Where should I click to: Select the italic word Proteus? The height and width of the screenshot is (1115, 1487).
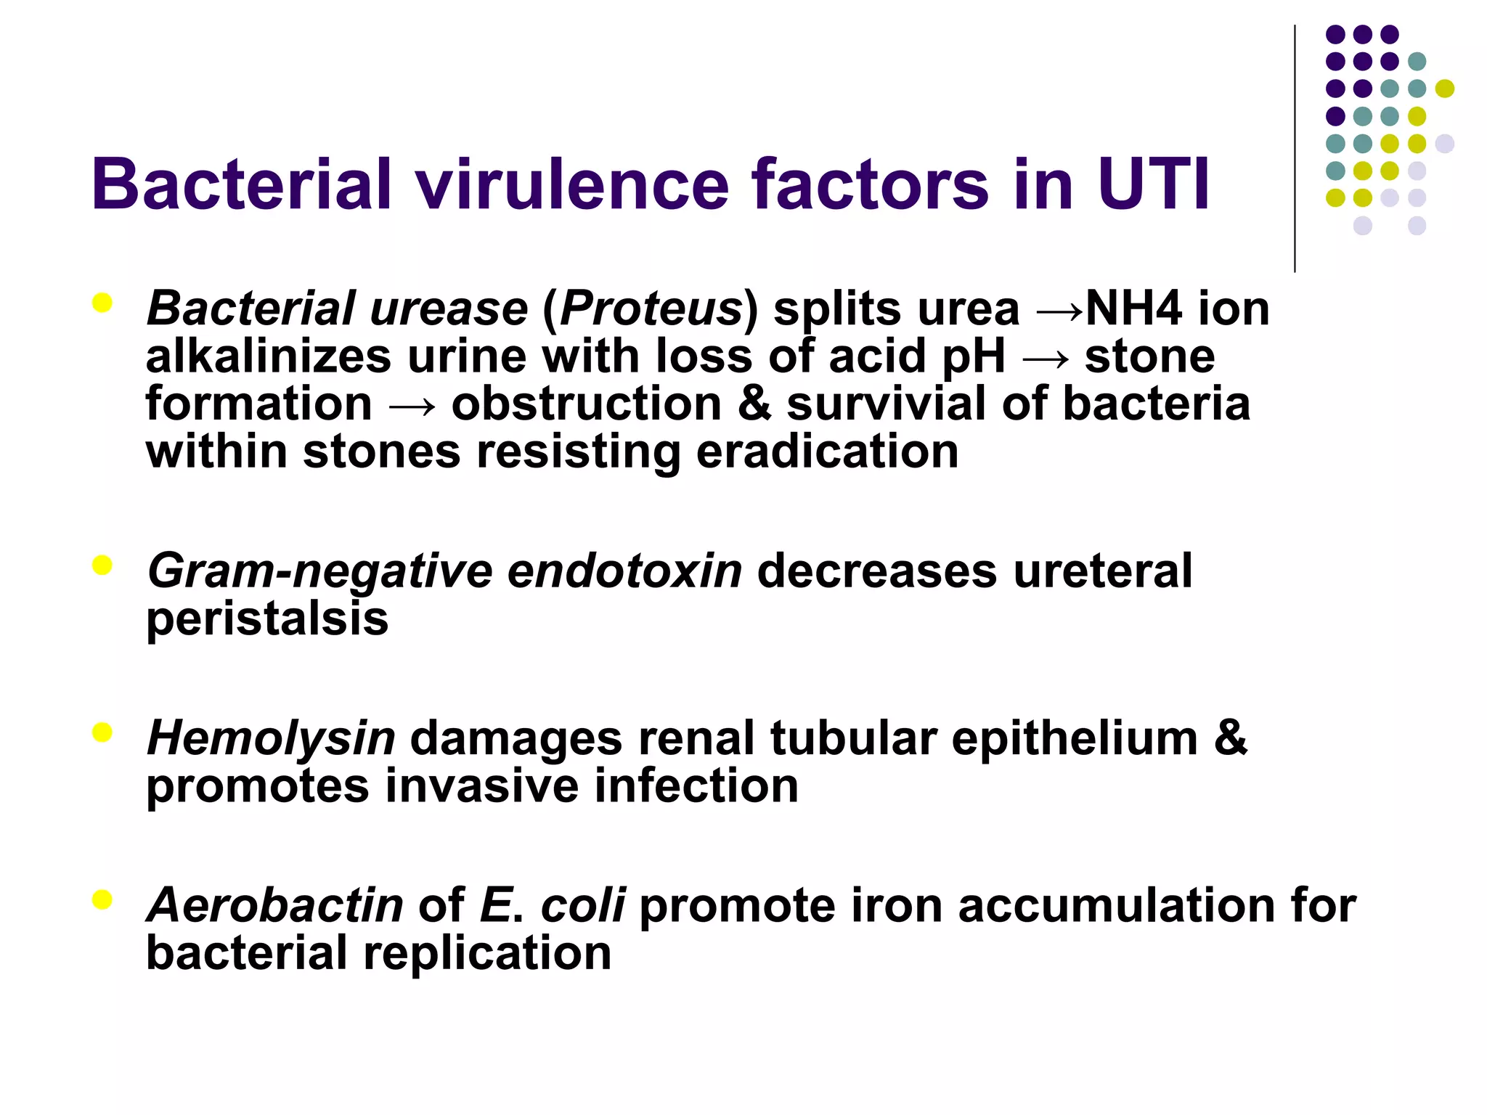(x=650, y=309)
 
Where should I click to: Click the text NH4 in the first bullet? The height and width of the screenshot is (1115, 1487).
(x=1133, y=309)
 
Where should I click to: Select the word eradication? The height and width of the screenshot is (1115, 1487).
(x=827, y=452)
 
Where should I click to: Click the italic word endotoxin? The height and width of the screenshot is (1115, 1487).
(x=624, y=571)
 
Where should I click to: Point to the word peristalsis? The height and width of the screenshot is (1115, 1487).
(x=267, y=618)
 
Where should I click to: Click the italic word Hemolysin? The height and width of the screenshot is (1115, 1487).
(x=271, y=738)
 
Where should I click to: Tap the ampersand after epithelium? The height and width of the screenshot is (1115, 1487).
(x=1230, y=738)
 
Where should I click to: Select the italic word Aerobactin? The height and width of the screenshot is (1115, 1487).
(x=275, y=905)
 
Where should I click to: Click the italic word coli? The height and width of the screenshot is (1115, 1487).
(x=582, y=905)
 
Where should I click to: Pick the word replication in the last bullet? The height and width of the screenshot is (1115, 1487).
(x=487, y=953)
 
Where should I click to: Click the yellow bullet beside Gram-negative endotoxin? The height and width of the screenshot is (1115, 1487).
(x=102, y=565)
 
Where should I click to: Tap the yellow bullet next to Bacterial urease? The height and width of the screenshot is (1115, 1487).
(x=102, y=303)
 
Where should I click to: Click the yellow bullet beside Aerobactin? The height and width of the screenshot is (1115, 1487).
(x=102, y=900)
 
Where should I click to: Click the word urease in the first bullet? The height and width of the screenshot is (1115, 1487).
(x=449, y=309)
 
